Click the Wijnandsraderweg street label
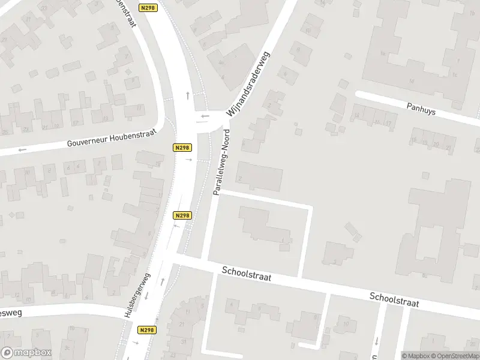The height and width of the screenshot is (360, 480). (248, 85)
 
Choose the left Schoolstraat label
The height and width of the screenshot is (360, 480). (246, 275)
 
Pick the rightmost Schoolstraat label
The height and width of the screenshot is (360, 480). (394, 300)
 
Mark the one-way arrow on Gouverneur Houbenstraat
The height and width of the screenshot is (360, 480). (22, 149)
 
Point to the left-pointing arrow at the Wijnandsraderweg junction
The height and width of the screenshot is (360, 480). (205, 116)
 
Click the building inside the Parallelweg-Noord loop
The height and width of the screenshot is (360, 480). (264, 225)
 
